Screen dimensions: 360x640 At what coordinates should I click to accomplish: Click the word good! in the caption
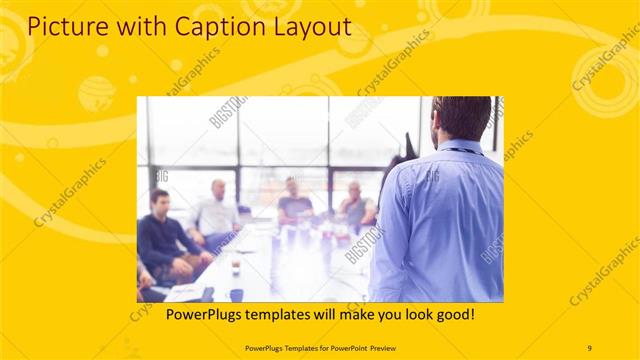(454, 314)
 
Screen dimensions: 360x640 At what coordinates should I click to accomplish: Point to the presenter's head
(462, 118)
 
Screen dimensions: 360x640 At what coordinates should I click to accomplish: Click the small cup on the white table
(236, 267)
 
